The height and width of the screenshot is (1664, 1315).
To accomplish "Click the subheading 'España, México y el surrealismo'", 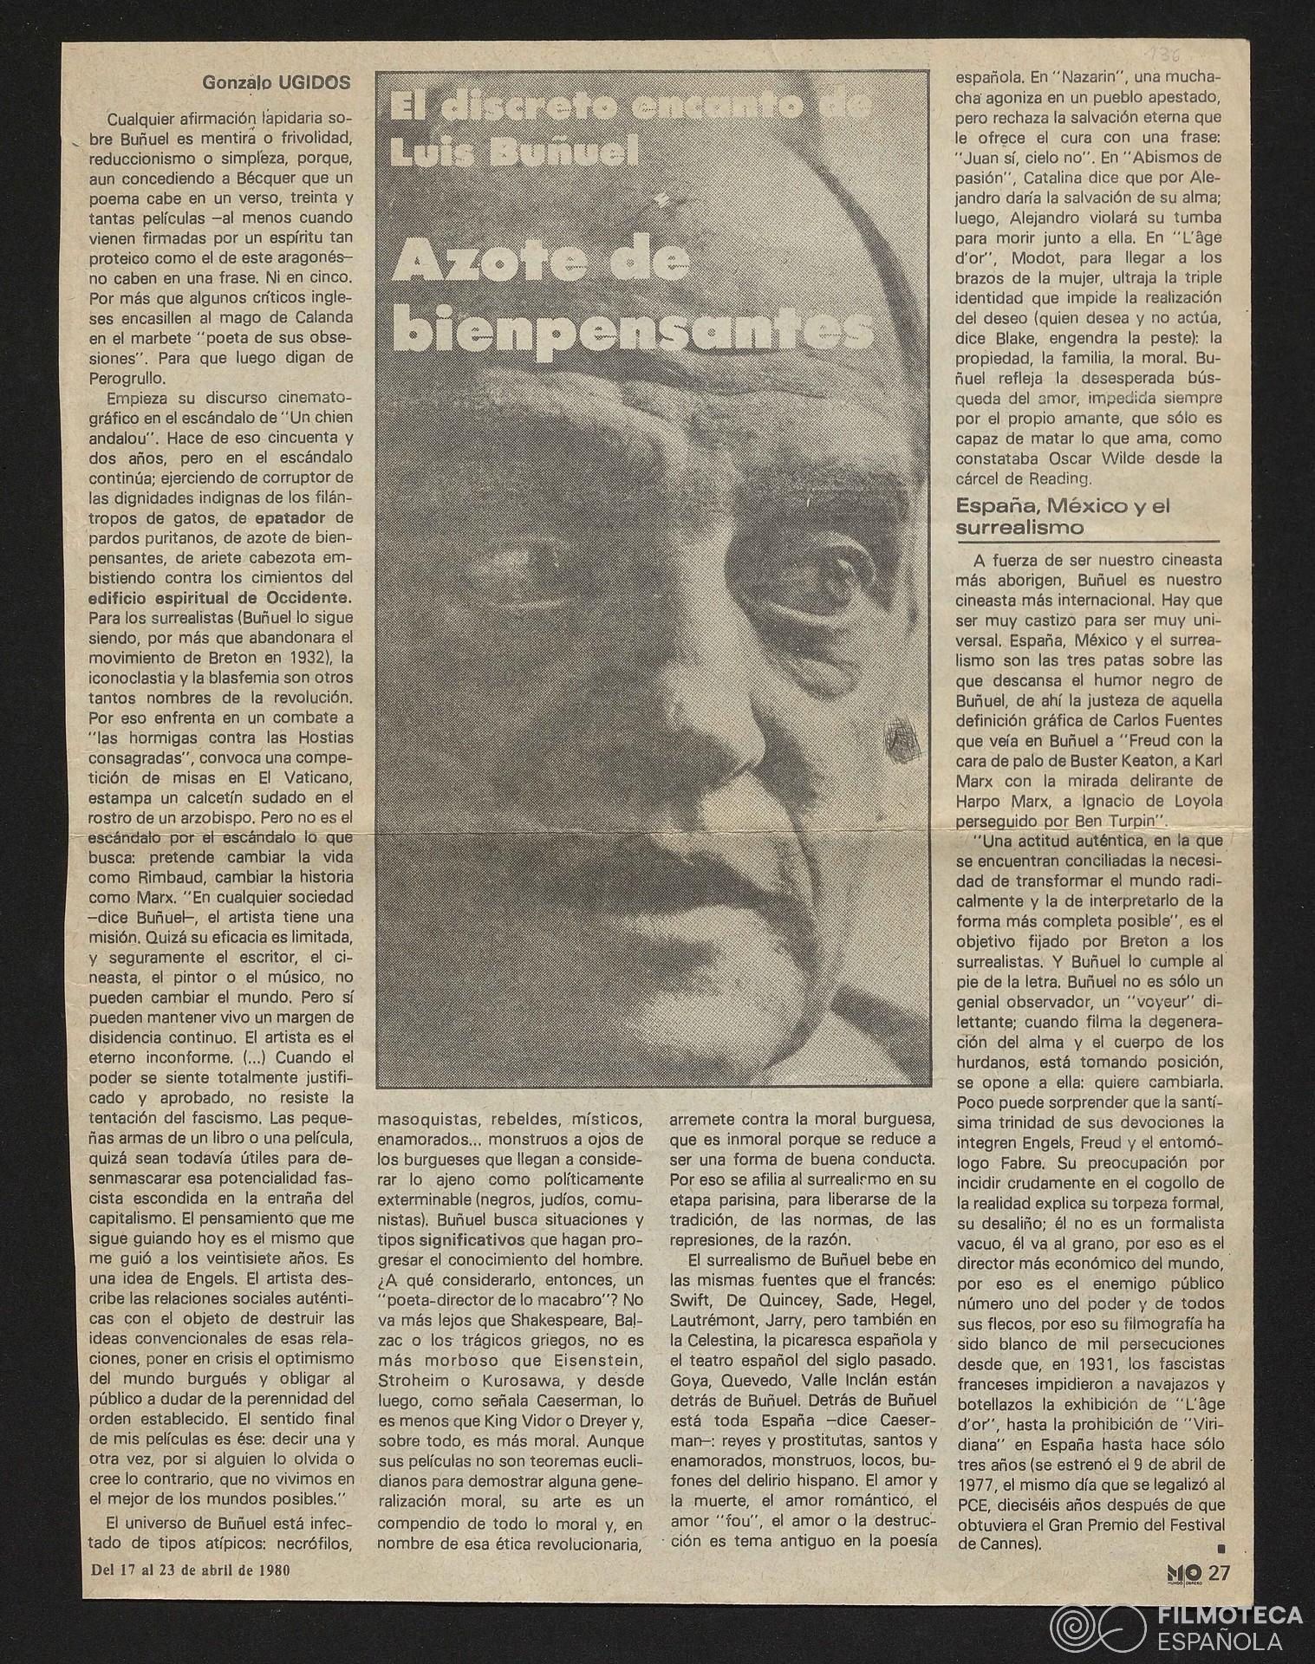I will point(1062,516).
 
